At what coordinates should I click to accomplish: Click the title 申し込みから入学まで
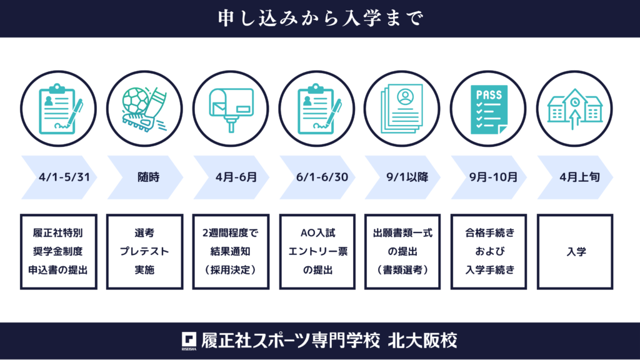click(x=321, y=18)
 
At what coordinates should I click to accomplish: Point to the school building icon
click(x=575, y=109)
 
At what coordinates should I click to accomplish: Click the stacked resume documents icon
click(x=402, y=109)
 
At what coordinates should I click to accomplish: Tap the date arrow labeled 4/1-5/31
click(x=59, y=177)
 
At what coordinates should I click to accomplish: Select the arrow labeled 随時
click(x=145, y=177)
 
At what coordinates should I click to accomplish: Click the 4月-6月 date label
click(x=236, y=177)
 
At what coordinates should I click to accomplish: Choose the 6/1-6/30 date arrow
click(x=317, y=177)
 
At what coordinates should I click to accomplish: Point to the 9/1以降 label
click(x=407, y=177)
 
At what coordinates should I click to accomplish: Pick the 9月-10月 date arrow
click(x=489, y=177)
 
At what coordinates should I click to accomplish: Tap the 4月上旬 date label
click(x=579, y=177)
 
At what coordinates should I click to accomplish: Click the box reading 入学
click(x=575, y=252)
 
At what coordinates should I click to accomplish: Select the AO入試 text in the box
click(x=317, y=233)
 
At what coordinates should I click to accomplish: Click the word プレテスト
click(x=144, y=251)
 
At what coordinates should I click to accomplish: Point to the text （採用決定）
click(x=231, y=270)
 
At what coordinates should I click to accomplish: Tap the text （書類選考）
click(x=402, y=270)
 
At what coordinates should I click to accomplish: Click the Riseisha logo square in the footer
click(x=189, y=339)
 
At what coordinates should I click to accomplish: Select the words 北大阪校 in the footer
click(x=422, y=341)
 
